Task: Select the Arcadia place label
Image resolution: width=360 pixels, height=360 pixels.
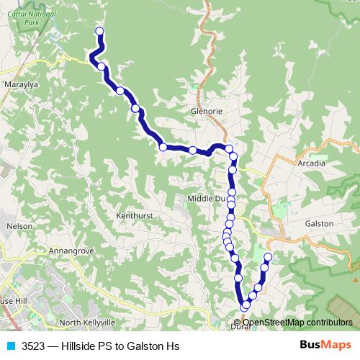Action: (x=311, y=163)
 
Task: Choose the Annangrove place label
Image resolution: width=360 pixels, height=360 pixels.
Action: (x=71, y=251)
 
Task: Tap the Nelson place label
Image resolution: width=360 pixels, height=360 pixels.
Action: (x=19, y=226)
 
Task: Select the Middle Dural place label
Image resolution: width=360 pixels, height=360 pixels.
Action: (x=207, y=198)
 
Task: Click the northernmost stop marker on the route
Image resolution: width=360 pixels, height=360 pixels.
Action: (x=99, y=31)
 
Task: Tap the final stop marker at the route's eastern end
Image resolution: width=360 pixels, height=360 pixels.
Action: (x=269, y=257)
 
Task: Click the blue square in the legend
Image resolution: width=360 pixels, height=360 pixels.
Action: (x=11, y=346)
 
